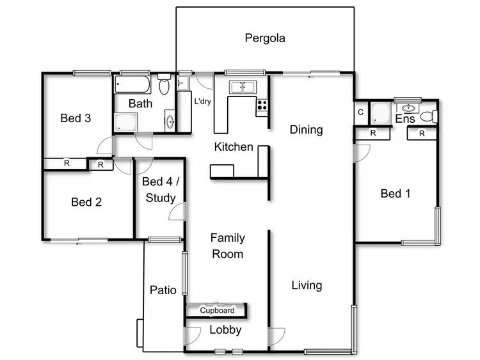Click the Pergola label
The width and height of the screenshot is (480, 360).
[x=265, y=38]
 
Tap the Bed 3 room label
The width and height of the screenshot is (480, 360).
[x=76, y=118]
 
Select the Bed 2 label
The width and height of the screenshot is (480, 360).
[x=86, y=202]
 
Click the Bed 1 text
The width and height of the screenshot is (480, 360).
[x=396, y=193]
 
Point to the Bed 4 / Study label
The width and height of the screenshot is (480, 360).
[x=161, y=190]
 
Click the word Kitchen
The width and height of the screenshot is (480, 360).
[x=233, y=147]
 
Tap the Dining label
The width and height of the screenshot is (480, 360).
[x=306, y=130]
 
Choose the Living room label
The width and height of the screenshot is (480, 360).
[x=307, y=285]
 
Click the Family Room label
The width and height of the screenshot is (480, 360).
[x=228, y=246]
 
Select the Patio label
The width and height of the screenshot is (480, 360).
[x=163, y=290]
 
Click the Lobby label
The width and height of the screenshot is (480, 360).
[x=226, y=330]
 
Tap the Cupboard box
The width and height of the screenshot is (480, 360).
[x=217, y=311]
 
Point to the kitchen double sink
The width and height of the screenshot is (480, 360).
[x=243, y=87]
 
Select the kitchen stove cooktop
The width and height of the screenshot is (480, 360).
[x=262, y=106]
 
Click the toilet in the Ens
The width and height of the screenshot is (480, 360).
[x=433, y=116]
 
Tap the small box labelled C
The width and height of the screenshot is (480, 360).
[x=361, y=113]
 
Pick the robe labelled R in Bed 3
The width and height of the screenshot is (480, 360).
[x=66, y=164]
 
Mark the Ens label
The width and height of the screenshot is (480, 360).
[x=405, y=119]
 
